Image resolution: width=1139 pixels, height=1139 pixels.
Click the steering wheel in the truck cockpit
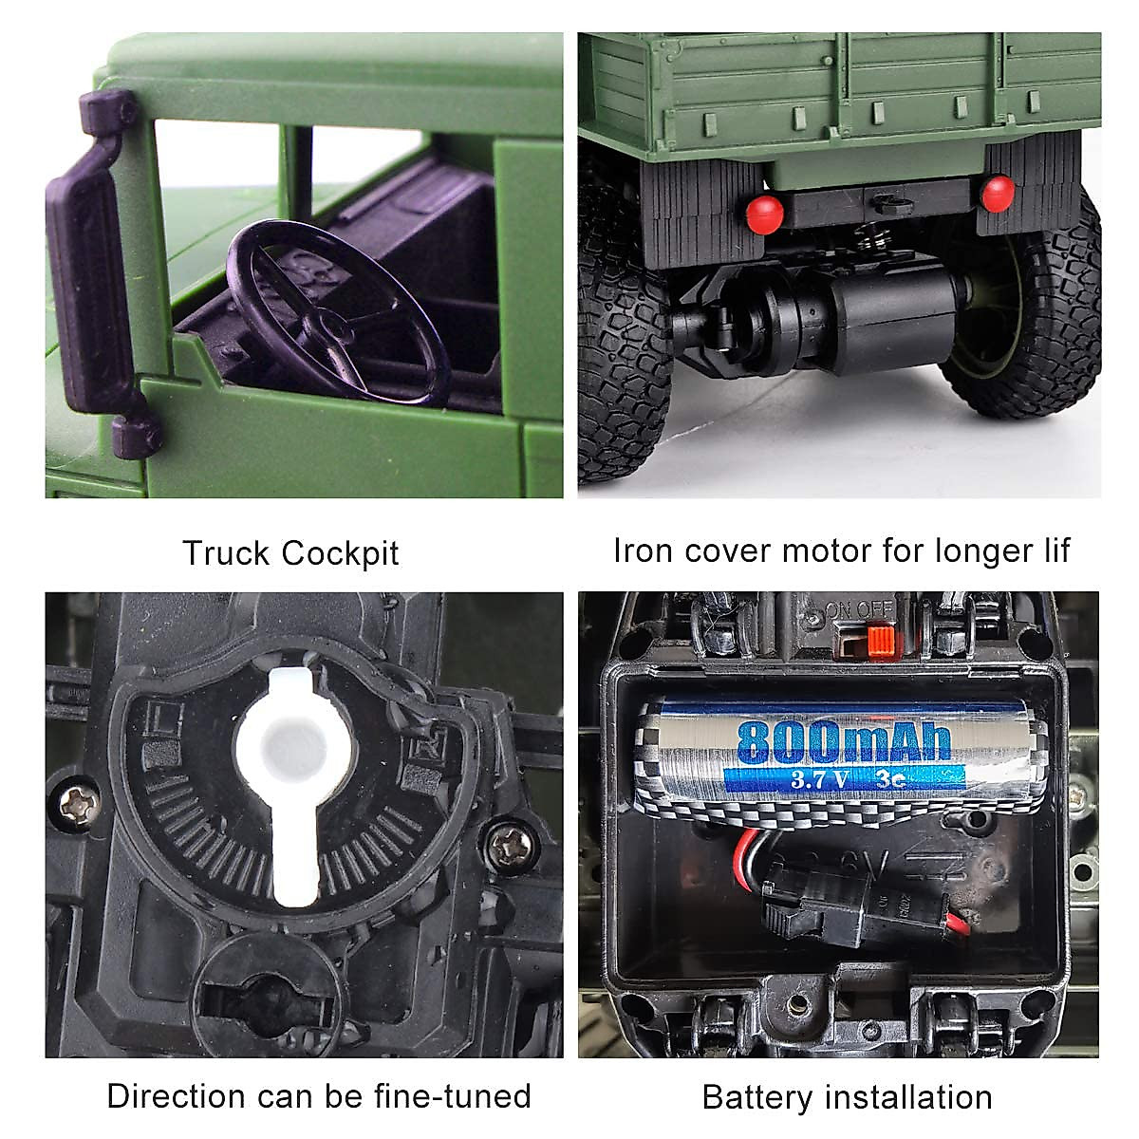[x=337, y=313]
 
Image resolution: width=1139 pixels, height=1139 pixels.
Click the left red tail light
[x=764, y=215]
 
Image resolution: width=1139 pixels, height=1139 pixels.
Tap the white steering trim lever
[x=295, y=778]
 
